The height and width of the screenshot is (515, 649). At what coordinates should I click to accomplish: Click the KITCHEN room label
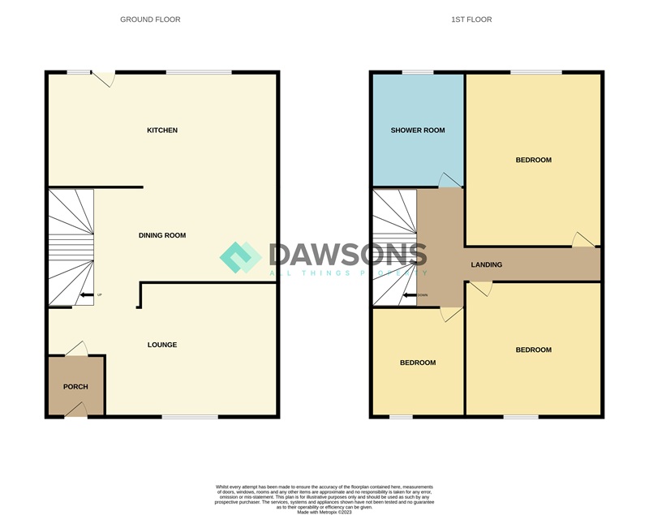tap(162, 131)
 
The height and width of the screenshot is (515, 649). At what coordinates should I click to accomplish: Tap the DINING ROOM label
tap(162, 236)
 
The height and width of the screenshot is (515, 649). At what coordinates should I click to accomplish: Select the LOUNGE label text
tap(162, 345)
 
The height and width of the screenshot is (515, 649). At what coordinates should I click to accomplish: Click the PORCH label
tap(75, 387)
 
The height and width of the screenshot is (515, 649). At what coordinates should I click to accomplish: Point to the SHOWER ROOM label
tap(418, 131)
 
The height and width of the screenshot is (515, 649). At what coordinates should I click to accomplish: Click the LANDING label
tap(487, 265)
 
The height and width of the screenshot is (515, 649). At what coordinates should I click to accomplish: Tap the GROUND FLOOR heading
tap(150, 19)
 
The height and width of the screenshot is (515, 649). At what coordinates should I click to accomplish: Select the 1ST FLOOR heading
tap(471, 19)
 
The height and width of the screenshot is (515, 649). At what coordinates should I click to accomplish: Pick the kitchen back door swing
tap(104, 79)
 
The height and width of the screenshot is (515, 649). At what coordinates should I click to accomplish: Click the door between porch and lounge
tap(75, 349)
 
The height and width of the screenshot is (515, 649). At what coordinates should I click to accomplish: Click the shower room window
tap(417, 73)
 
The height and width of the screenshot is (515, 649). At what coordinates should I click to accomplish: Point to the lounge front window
tap(189, 417)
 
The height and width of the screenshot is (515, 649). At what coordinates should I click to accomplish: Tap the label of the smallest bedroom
tap(418, 363)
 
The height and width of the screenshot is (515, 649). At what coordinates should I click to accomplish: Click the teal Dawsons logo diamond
tap(240, 257)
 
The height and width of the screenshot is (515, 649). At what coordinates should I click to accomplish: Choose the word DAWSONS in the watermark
tap(347, 255)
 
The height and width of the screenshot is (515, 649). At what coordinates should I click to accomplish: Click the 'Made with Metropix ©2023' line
tap(324, 512)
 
